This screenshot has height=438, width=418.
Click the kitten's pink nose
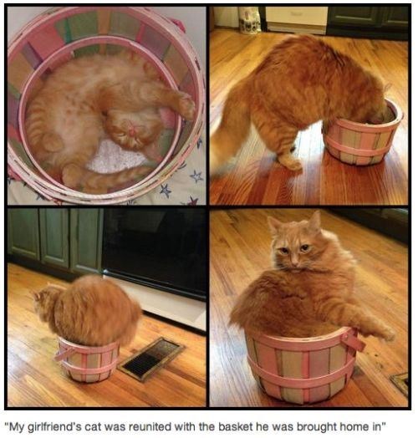tap(131, 130)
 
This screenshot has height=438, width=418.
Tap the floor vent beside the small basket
tap(151, 359)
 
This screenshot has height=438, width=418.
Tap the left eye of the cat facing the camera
tap(283, 249)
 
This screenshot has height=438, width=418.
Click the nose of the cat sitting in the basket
tap(295, 262)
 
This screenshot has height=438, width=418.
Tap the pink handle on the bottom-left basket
tap(62, 354)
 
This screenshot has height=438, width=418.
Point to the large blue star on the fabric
tap(166, 191)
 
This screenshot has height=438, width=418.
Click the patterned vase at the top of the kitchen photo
tap(249, 20)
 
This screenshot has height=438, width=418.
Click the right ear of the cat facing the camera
tap(315, 220)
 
